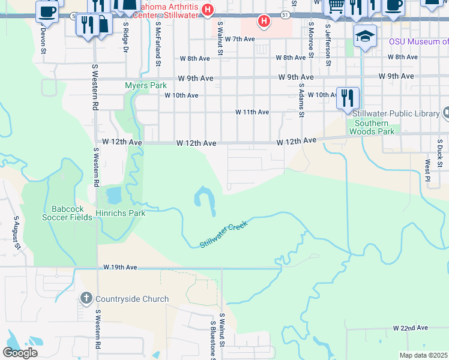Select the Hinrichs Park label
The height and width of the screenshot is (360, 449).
pos(120,213)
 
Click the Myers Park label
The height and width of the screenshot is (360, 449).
pos(146,86)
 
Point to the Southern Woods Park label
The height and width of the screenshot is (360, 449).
pos(373,127)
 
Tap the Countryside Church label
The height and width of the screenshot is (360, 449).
pos(131,299)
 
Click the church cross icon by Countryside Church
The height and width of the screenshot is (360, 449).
pos(86,298)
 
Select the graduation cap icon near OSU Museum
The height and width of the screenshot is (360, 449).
pos(365,37)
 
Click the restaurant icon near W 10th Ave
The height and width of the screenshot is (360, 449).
pos(347,98)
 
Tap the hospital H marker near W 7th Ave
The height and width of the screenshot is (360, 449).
pos(264,22)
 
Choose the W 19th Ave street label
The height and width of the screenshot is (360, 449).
pos(120,266)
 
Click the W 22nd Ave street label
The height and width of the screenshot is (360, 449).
pos(411,328)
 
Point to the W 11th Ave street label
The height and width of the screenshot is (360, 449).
pos(252,112)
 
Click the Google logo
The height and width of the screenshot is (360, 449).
pos(20,353)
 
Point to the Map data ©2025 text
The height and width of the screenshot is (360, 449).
pos(424,355)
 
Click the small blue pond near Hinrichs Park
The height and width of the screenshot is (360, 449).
pos(112,195)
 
